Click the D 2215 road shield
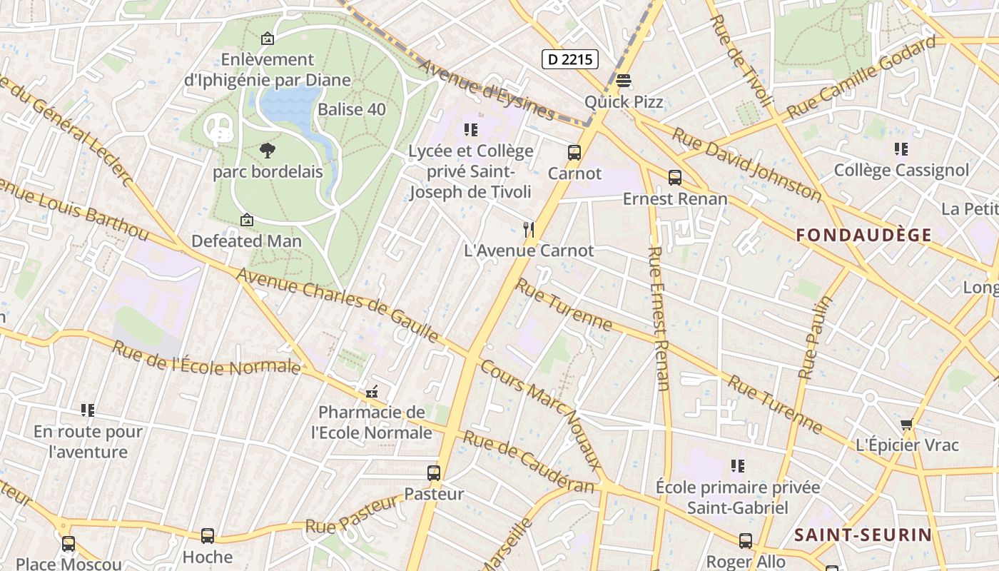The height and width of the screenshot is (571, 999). pos(569,59)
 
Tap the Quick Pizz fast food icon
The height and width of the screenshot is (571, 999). pos(623,81)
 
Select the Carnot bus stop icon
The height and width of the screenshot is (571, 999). pos(574,152)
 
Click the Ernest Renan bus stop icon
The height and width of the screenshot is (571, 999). pos(674,178)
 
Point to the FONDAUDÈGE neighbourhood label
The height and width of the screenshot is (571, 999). pos(863,235)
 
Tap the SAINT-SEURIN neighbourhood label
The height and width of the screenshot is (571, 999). pos(863,535)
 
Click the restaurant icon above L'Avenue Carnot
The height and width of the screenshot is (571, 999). pos(528,229)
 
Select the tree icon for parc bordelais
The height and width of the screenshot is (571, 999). pos(268,151)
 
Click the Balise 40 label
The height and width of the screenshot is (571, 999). pos(351,109)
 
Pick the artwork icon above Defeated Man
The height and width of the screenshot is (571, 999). pos(247,220)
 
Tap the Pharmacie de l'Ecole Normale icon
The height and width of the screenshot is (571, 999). pos(371,391)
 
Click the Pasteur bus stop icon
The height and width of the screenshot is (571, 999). pos(433,473)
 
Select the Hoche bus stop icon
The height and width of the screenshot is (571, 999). pos(207,535)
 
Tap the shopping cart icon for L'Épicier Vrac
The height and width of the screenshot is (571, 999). pos(906,425)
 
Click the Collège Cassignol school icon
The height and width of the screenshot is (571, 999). pos(901,149)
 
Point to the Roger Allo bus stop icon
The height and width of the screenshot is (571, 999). pos(745,541)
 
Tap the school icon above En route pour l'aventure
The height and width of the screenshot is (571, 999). pos(88,410)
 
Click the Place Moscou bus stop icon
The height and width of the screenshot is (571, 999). pos(68,544)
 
